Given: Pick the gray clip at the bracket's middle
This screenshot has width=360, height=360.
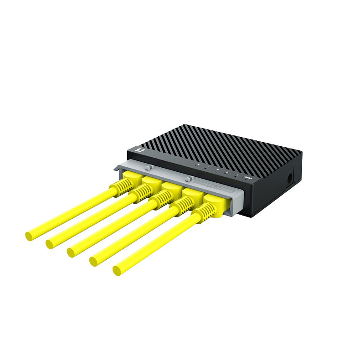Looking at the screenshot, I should tap(189, 177).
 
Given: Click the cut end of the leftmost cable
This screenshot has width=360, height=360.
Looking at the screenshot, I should tap(29, 236).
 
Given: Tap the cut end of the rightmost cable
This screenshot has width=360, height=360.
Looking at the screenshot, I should tap(117, 271).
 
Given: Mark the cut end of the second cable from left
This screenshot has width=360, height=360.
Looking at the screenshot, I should tap(49, 244).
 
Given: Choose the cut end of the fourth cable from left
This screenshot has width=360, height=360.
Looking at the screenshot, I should tap(93, 261).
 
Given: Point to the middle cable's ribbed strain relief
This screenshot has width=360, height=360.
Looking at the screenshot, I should tap(159, 199).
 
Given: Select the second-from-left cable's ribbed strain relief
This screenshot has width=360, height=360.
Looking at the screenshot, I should tap(140, 193).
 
